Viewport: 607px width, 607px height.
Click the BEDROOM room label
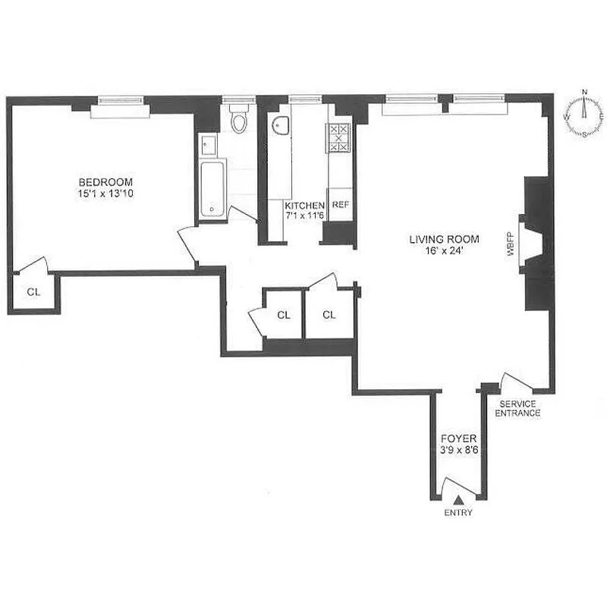tap(106, 182)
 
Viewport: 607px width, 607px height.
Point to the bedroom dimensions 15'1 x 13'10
tap(106, 193)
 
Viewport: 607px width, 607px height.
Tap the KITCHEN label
tap(304, 206)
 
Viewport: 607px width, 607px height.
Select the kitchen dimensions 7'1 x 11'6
tap(304, 216)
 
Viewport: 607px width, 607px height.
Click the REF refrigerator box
tap(340, 205)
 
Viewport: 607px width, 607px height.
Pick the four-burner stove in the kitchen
tap(338, 138)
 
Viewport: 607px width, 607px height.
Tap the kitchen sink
tap(281, 128)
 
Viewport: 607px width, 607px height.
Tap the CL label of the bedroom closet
tap(33, 291)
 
